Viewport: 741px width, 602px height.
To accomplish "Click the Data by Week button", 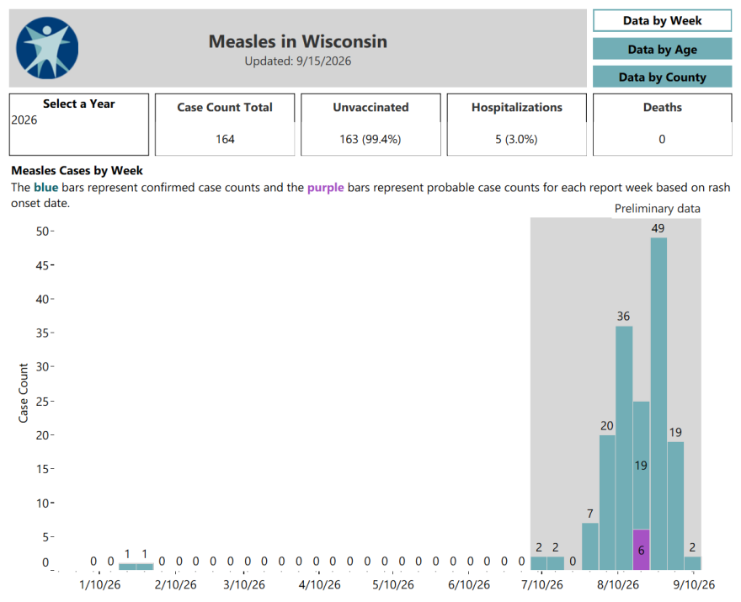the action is click(x=662, y=21).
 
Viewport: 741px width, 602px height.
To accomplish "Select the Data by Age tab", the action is click(x=662, y=49).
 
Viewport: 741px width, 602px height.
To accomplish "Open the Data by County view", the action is click(x=662, y=77).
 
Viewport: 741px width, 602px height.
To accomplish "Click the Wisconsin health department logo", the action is click(x=47, y=48).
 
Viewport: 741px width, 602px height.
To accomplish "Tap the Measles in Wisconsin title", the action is click(x=298, y=41).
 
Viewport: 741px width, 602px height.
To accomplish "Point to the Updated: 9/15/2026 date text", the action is click(x=298, y=61).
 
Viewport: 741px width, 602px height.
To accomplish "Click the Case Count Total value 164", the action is click(x=225, y=140).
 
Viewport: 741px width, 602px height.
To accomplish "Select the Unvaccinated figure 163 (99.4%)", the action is click(x=370, y=140).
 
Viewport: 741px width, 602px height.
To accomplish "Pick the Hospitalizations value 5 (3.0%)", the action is click(x=516, y=140).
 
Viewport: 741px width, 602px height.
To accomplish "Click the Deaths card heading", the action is click(x=663, y=107).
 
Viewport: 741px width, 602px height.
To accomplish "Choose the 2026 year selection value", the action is click(x=24, y=120).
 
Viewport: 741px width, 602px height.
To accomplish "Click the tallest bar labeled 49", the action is click(x=658, y=403).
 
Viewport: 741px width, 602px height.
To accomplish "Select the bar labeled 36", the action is click(x=624, y=448).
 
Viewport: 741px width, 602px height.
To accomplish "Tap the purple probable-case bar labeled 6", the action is click(x=642, y=550).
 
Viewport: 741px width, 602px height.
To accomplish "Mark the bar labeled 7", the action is click(x=589, y=546).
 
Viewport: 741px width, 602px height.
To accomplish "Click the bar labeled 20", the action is click(x=607, y=503).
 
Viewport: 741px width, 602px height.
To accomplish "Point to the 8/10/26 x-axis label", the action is click(x=618, y=585).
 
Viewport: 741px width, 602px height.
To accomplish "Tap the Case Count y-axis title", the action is click(x=24, y=392).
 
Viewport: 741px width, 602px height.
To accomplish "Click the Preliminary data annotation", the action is click(x=658, y=209).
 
